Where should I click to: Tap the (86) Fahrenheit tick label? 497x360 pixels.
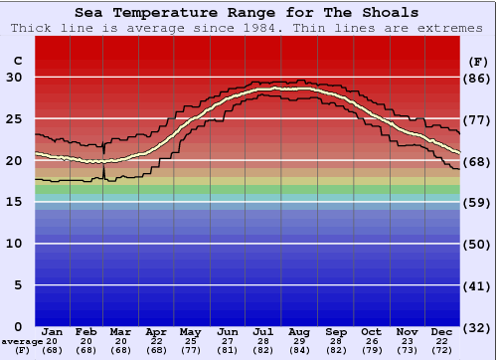tap(478, 79)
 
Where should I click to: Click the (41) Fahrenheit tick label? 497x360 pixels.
tap(478, 285)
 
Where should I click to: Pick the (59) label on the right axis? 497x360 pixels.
tap(478, 203)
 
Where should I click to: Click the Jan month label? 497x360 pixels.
tap(53, 331)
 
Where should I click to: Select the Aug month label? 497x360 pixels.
tap(299, 331)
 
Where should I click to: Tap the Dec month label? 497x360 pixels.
tap(442, 331)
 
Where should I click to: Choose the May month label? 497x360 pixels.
tap(189, 331)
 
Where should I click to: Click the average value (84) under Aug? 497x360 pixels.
tap(299, 350)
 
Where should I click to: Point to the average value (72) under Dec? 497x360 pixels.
tap(442, 350)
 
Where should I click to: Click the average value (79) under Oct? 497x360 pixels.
tap(371, 350)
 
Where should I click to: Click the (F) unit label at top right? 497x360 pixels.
tap(478, 61)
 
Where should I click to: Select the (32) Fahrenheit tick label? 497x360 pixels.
tap(478, 326)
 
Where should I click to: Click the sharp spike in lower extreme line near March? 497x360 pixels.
tap(104, 171)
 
